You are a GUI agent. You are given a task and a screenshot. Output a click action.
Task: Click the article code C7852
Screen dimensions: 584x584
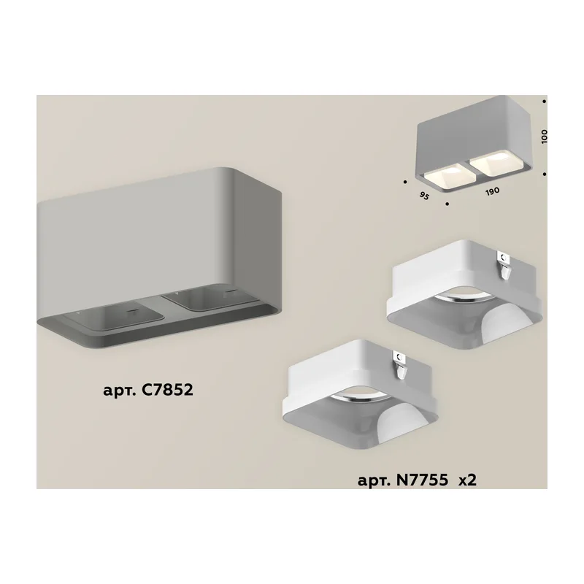click(168, 390)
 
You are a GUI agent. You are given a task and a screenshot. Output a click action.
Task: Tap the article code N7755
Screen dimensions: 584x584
click(422, 480)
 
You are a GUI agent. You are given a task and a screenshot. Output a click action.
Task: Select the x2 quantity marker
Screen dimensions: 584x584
click(467, 480)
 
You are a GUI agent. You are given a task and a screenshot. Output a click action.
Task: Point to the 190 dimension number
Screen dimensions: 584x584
click(492, 192)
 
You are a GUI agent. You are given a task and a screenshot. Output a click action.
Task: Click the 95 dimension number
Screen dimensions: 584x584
click(424, 196)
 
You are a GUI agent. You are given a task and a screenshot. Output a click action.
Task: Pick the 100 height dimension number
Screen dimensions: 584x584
click(544, 137)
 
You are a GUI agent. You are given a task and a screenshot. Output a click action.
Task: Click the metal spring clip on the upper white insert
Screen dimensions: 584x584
click(504, 265)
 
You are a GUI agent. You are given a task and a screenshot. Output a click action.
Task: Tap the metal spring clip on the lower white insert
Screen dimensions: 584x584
click(401, 366)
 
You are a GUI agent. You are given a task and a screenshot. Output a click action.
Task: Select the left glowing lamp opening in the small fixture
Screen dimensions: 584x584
click(445, 174)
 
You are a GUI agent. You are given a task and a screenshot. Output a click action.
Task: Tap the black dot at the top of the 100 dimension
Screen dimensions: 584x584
click(544, 101)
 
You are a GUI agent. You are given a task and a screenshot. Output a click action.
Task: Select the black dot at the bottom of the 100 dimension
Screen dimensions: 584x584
click(544, 174)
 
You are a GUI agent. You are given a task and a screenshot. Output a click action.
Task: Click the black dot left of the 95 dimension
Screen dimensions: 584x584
click(405, 182)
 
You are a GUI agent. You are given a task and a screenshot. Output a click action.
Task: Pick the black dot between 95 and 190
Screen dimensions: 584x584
click(447, 204)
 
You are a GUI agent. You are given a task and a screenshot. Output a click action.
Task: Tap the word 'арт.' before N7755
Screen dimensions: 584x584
click(373, 481)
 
